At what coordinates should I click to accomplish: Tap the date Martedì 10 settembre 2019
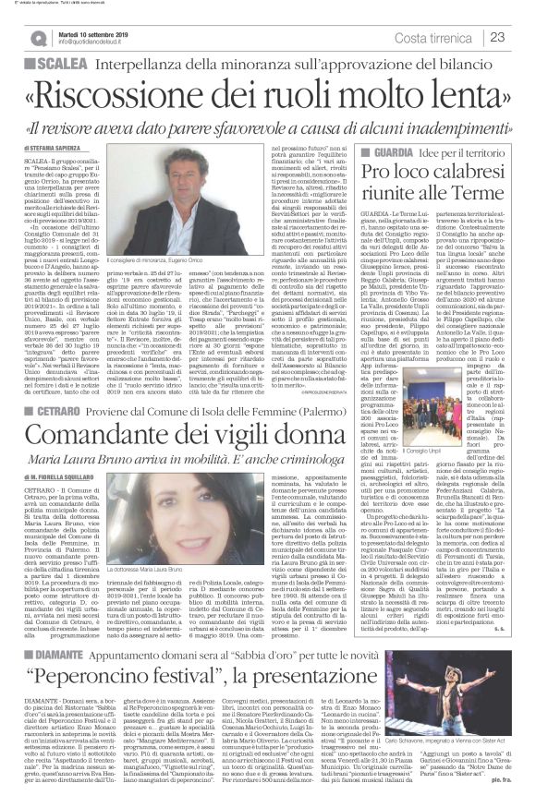98,31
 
